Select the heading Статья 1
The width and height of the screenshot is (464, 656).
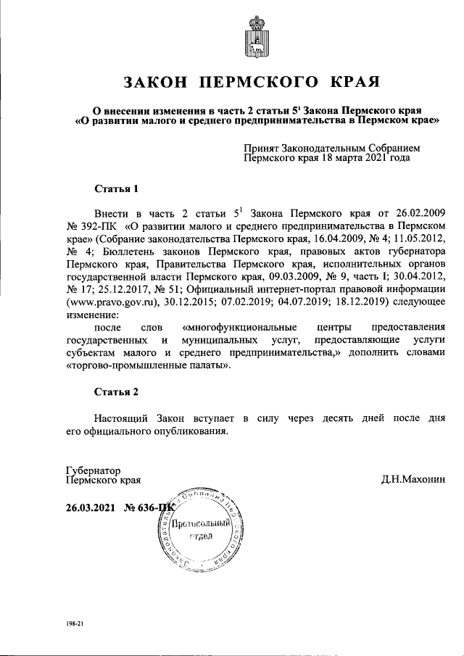(x=117, y=189)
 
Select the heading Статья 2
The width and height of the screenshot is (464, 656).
(x=117, y=391)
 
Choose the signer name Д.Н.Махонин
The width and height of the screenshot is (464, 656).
(x=413, y=479)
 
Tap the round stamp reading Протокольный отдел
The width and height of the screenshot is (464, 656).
(x=200, y=527)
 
